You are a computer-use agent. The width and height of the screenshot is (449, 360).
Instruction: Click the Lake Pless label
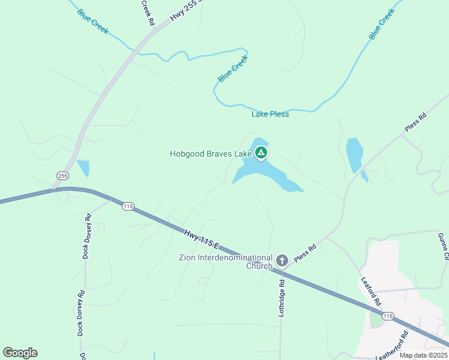click(270, 114)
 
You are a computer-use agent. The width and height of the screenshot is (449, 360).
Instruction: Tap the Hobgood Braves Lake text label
click(210, 154)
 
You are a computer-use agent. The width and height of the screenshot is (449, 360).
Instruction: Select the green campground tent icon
click(261, 153)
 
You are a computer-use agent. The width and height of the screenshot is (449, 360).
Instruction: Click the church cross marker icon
click(282, 260)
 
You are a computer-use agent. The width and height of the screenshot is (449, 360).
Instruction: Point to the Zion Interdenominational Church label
click(225, 262)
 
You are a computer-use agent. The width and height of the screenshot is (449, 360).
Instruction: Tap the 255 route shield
click(63, 176)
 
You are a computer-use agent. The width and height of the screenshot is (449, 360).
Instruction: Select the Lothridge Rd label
click(282, 296)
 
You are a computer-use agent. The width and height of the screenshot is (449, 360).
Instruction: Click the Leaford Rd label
click(371, 292)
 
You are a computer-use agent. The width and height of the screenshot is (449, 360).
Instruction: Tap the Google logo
click(20, 353)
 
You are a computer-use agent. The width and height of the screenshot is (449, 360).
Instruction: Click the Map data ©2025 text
click(423, 355)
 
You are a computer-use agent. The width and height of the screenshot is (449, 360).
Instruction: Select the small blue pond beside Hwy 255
click(83, 167)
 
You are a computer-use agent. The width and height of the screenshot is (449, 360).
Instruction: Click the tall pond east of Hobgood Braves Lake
click(354, 155)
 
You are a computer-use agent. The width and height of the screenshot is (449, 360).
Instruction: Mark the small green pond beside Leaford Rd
click(376, 320)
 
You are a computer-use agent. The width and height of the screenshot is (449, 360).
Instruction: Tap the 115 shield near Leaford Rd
click(388, 316)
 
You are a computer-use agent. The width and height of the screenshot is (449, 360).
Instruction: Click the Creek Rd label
click(148, 12)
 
